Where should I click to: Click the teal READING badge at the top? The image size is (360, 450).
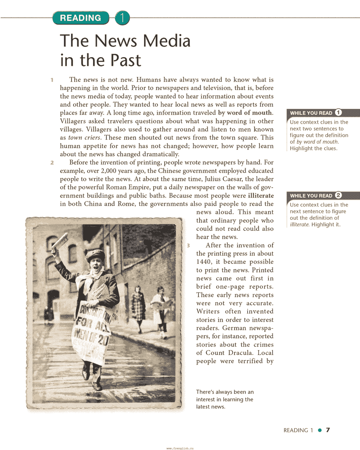coord(81,18)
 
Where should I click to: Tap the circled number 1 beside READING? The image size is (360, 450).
coord(122,18)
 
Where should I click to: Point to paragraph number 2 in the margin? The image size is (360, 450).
coord(52,163)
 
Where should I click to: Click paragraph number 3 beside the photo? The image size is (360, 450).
coord(188,246)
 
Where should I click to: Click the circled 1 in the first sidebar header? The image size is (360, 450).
coord(338,113)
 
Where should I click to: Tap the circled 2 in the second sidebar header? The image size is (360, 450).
coord(338,196)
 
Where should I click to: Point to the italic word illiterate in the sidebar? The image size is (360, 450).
coord(299,225)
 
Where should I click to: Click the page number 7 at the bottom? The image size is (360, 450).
coord(328,430)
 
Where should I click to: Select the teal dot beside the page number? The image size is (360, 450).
coord(320,430)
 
